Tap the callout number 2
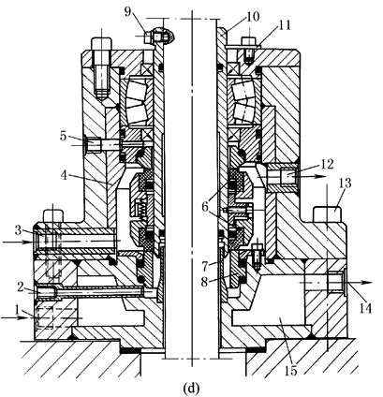coord(21,287)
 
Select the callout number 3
coord(19,230)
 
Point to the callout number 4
coord(65,175)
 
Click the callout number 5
coord(64,137)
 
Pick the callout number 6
coord(205,207)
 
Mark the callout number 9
coord(127,11)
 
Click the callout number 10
coord(253,17)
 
